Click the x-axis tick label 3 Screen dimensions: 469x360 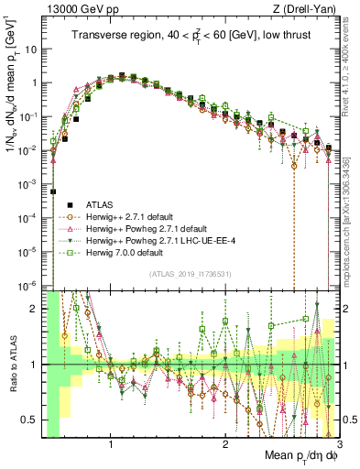coord(339,444)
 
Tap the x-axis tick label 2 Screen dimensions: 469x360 coord(225,444)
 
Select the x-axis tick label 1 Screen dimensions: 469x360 coord(111,444)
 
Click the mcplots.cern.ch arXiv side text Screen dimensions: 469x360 coord(353,220)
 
